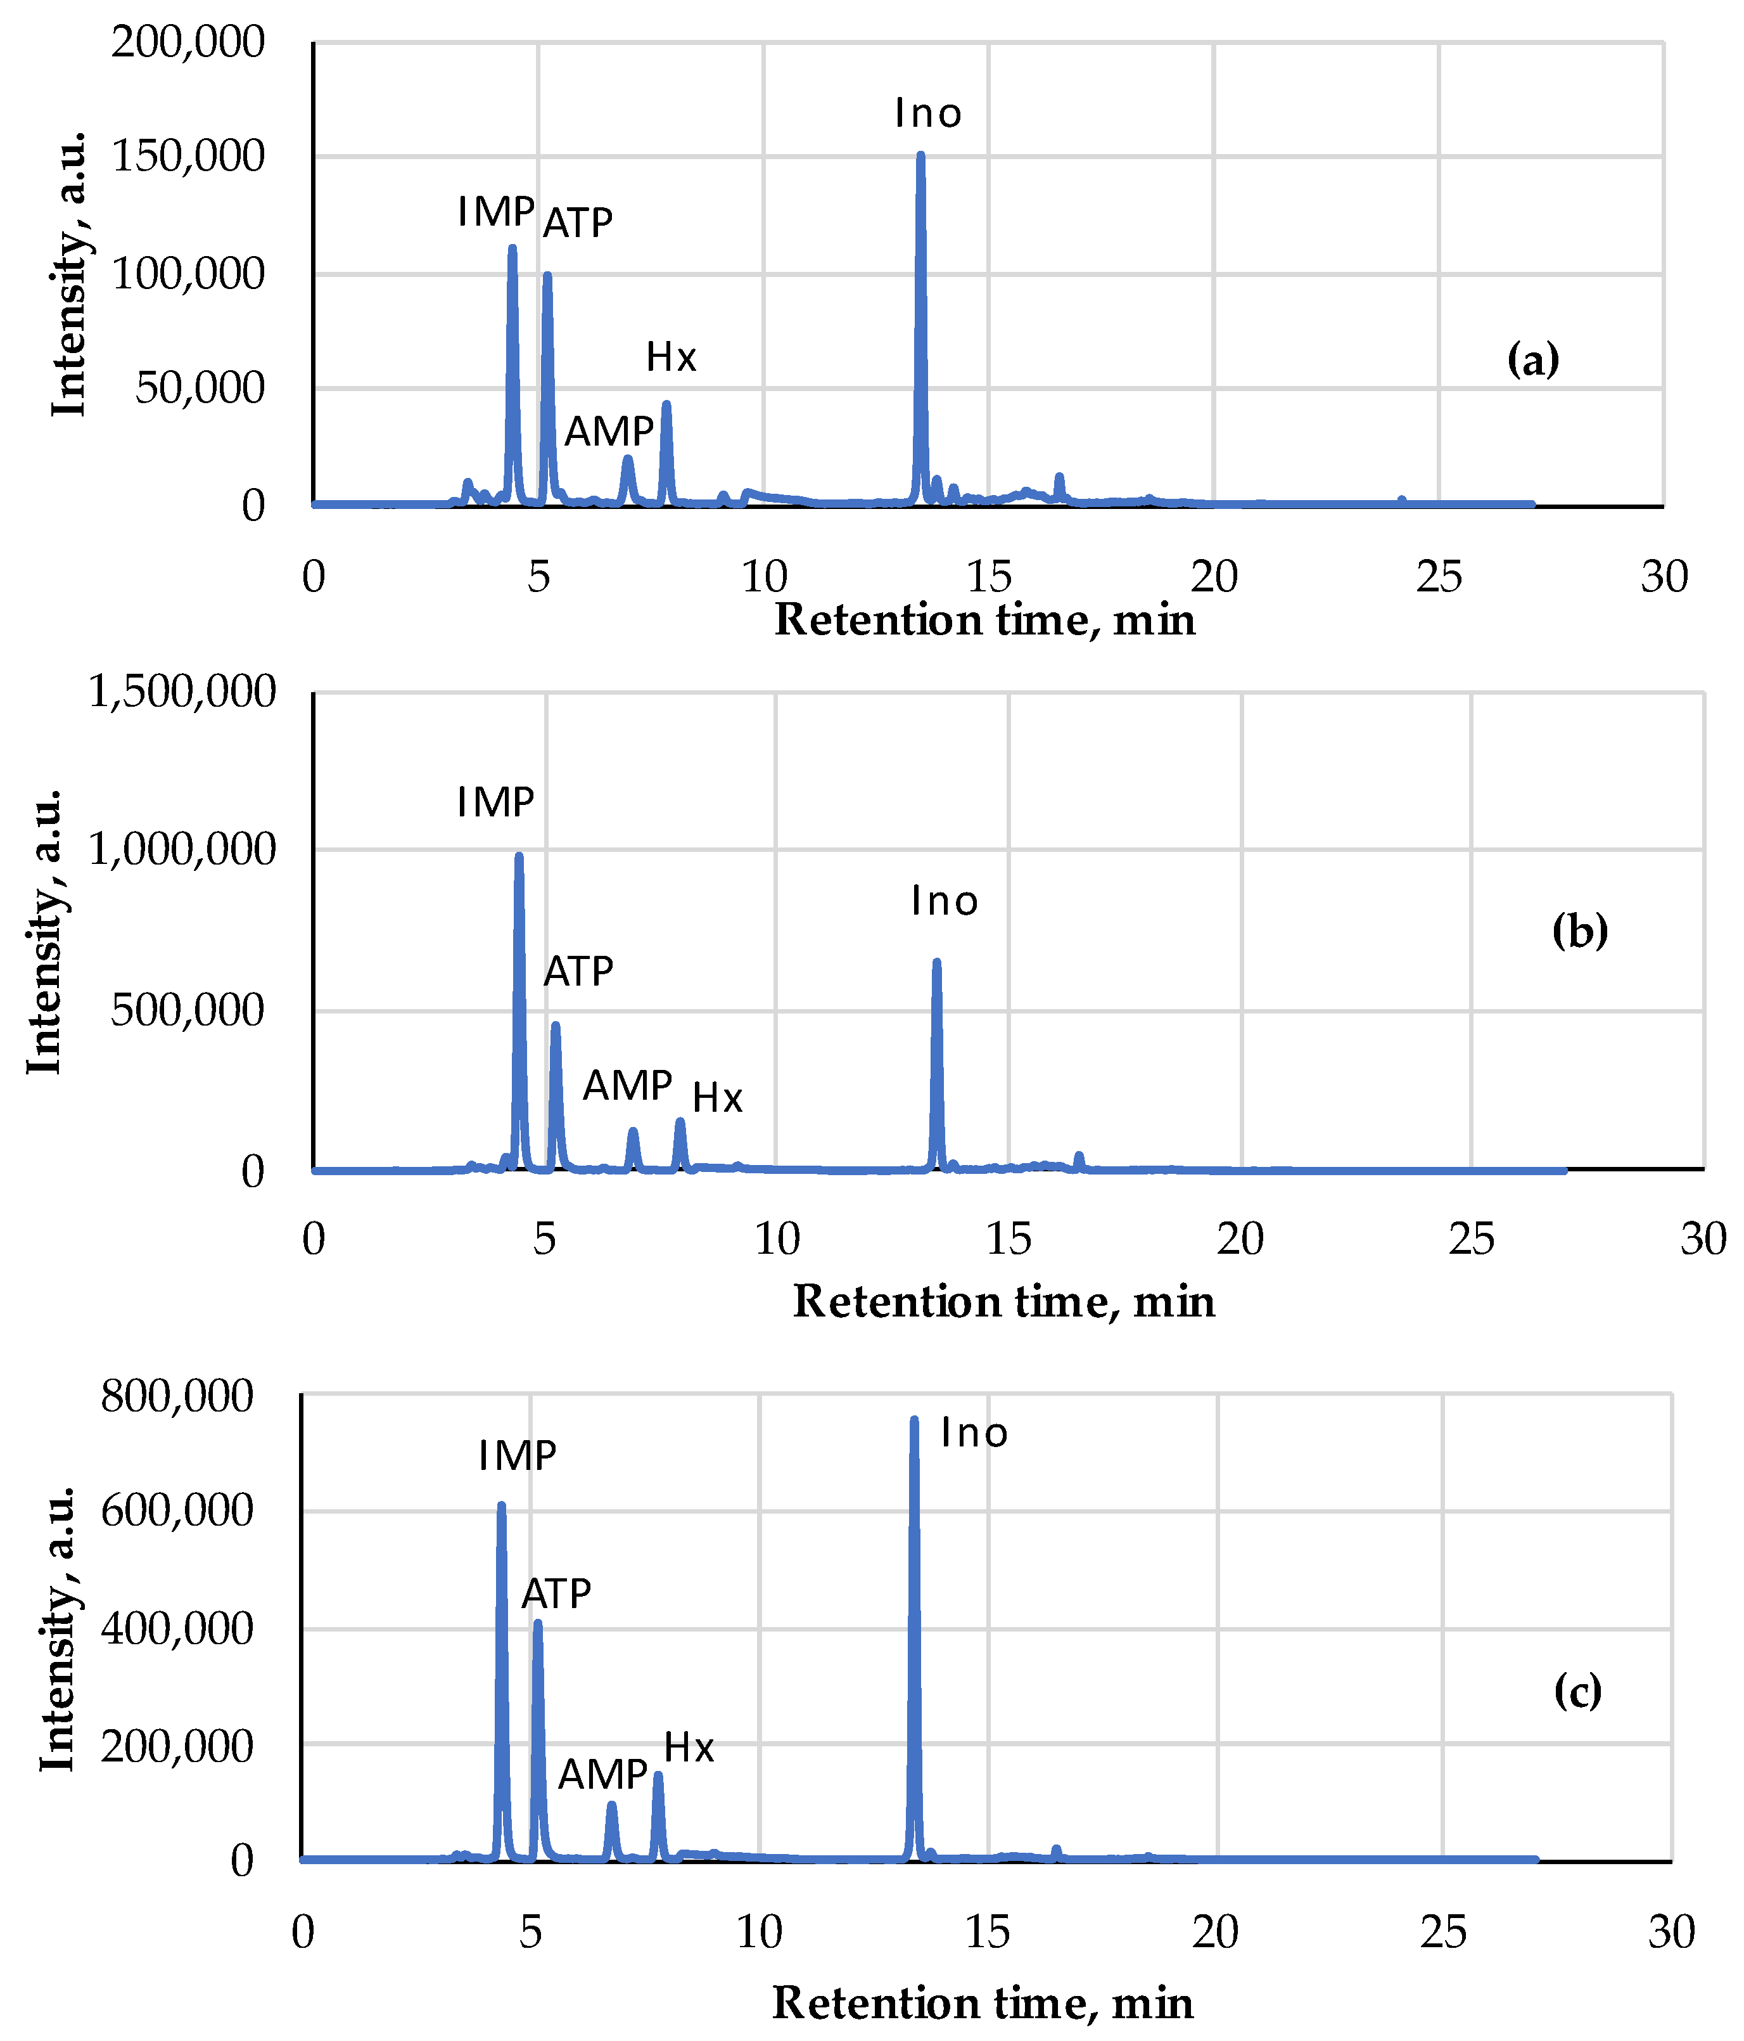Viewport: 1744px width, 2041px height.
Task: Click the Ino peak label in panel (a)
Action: pos(927,114)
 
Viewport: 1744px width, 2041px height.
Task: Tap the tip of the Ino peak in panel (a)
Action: pos(920,155)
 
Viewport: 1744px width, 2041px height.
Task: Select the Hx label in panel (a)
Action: pos(671,357)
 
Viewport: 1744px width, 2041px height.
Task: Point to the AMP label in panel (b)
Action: pos(627,1086)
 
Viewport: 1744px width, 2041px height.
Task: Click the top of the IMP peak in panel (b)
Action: pos(519,856)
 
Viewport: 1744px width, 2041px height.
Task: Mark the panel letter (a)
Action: pos(1533,359)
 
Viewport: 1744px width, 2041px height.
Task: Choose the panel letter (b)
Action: pos(1579,931)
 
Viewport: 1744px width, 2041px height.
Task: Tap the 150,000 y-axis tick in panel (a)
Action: pos(188,157)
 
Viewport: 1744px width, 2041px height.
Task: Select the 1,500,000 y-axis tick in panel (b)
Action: pos(182,692)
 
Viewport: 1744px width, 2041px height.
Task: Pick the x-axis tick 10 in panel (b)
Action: pos(777,1239)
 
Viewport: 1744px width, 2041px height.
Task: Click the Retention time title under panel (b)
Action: pos(1003,1301)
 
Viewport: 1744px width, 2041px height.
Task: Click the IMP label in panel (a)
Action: pos(495,212)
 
